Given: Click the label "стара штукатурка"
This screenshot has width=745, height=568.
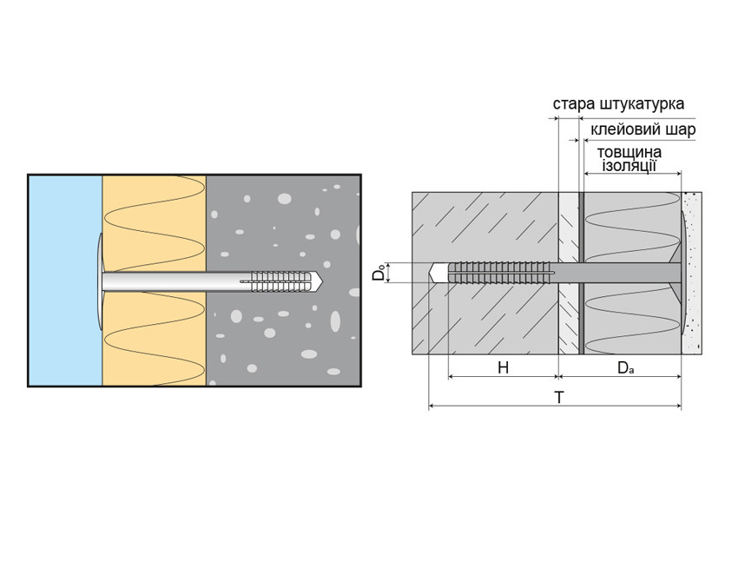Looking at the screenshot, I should [618, 104].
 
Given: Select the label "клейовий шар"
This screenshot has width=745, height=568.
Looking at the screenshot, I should [643, 130].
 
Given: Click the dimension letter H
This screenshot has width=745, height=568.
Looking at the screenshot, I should [503, 367].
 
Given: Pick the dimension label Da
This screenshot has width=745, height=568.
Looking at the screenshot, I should [625, 367].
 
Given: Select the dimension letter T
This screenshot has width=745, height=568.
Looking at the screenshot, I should [559, 398].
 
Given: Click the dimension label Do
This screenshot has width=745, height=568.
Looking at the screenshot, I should [379, 273].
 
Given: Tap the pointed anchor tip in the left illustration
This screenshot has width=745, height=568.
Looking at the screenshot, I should [319, 281].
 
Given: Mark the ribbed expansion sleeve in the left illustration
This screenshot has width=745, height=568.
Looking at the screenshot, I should [280, 281].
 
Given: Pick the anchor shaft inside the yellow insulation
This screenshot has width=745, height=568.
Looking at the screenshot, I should [156, 281].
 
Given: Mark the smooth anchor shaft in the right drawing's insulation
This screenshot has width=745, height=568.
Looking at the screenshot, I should [625, 273].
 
